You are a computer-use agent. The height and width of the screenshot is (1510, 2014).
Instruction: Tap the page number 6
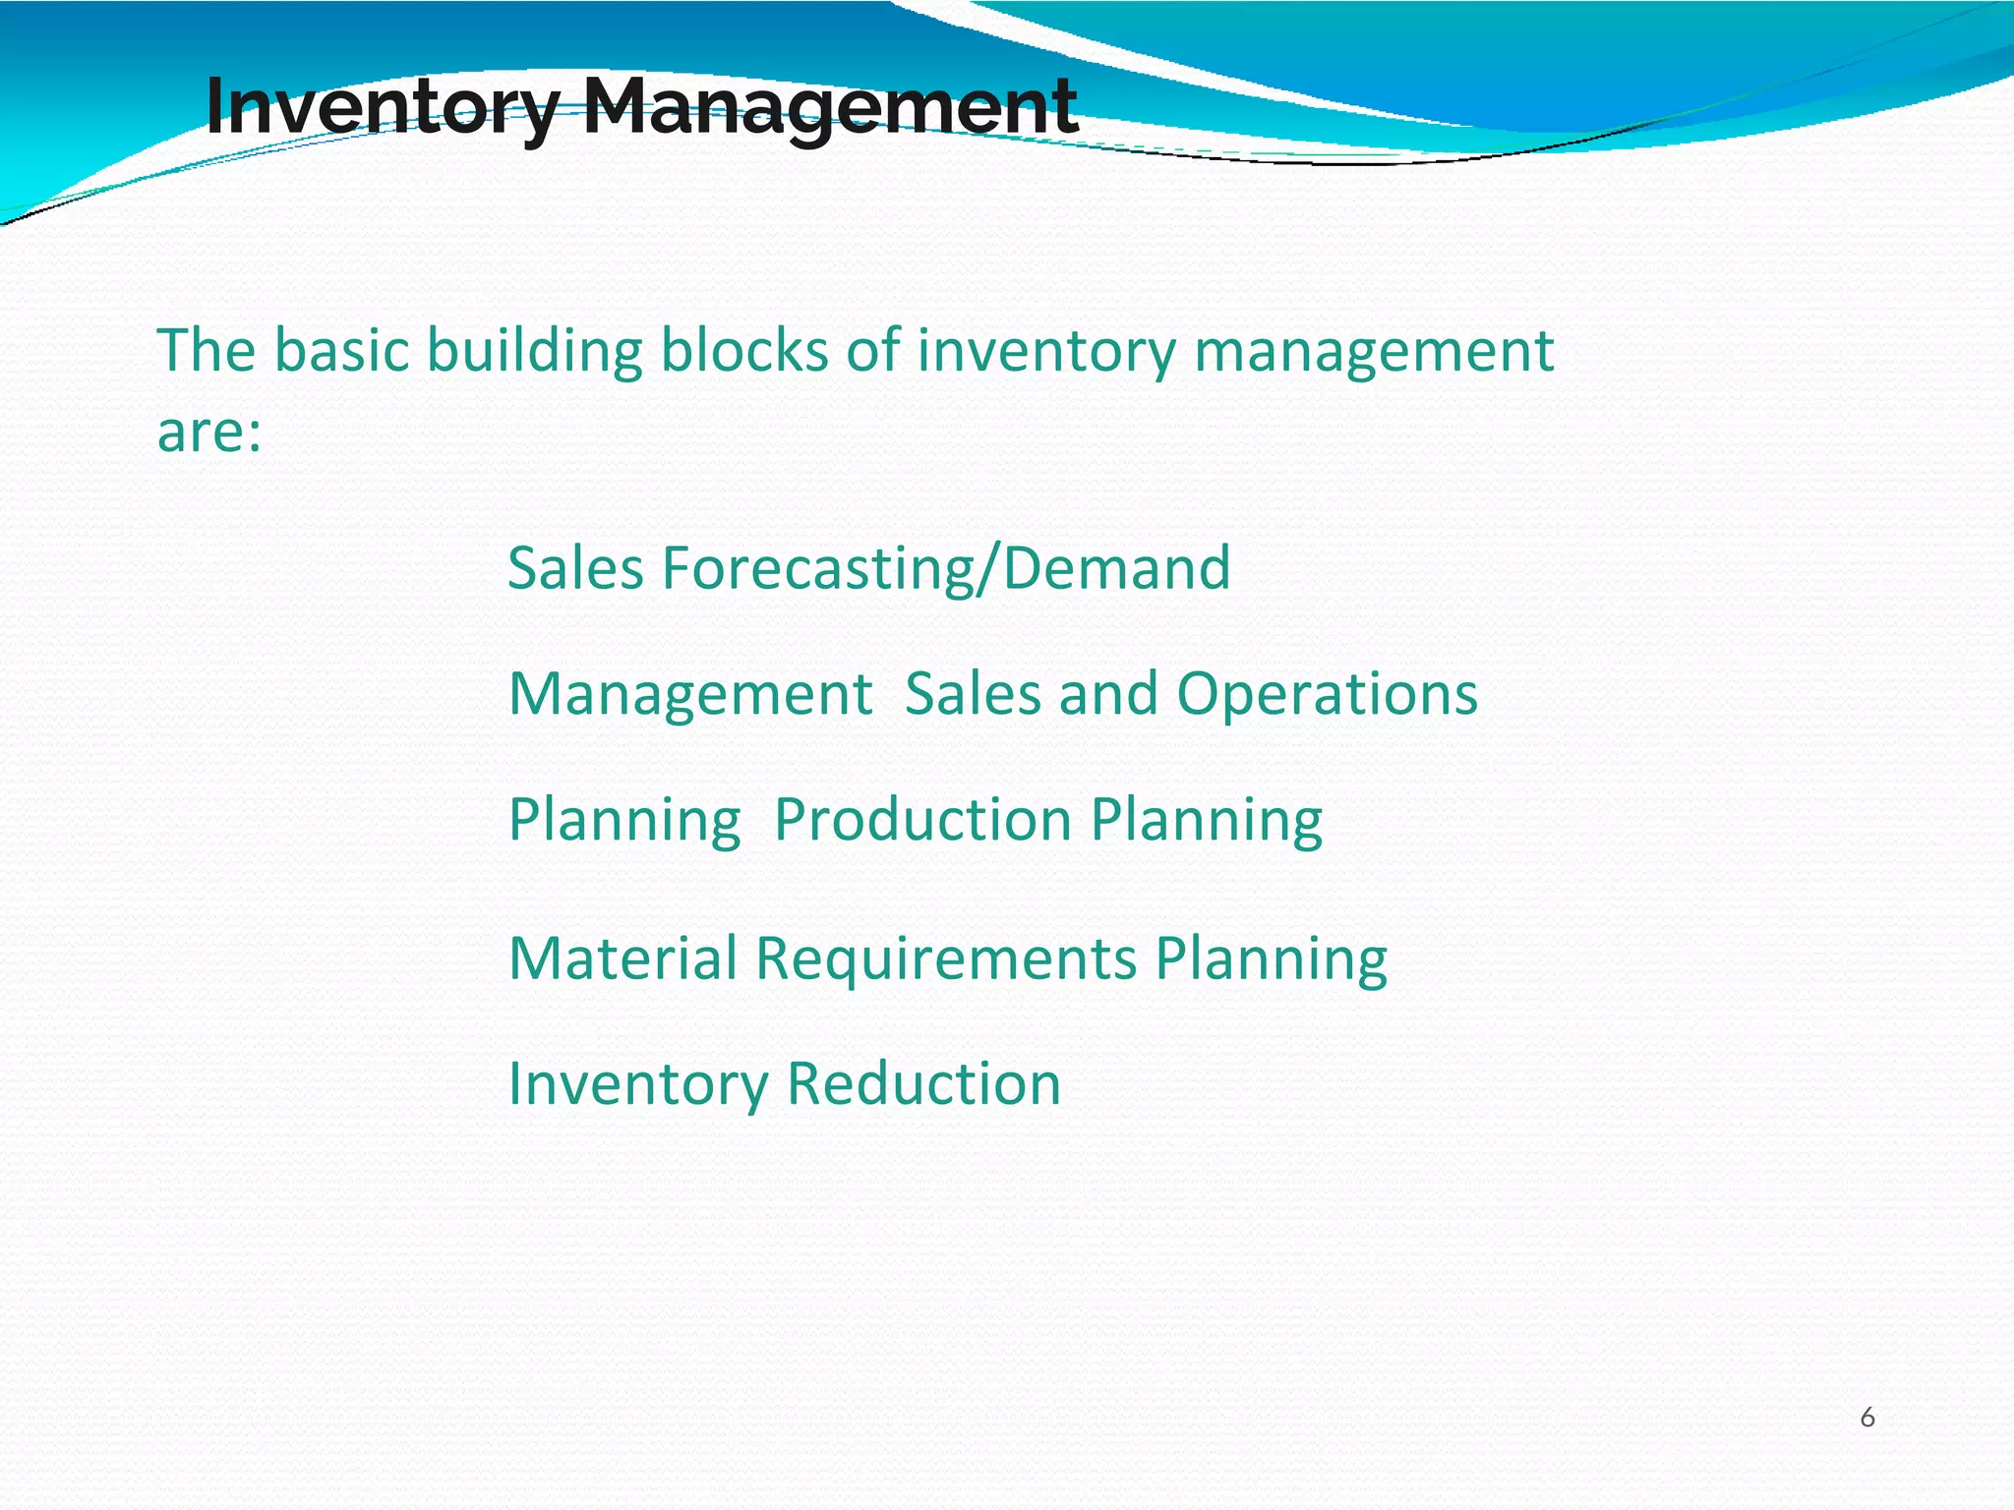click(1866, 1418)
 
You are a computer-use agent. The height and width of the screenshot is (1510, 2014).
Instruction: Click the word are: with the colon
click(209, 433)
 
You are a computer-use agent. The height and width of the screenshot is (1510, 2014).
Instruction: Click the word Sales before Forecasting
click(575, 568)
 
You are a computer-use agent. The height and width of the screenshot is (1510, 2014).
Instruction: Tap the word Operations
click(1327, 694)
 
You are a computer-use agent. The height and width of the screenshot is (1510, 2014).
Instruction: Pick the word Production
click(922, 820)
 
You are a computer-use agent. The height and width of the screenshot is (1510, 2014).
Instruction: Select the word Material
click(622, 958)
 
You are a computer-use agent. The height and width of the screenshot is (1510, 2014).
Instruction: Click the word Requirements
click(946, 958)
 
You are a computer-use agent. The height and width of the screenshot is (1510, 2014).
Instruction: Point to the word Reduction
click(923, 1083)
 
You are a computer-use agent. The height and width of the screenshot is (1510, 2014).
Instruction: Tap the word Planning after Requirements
click(1271, 958)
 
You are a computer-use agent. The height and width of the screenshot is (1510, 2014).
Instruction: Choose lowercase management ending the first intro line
click(1373, 352)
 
